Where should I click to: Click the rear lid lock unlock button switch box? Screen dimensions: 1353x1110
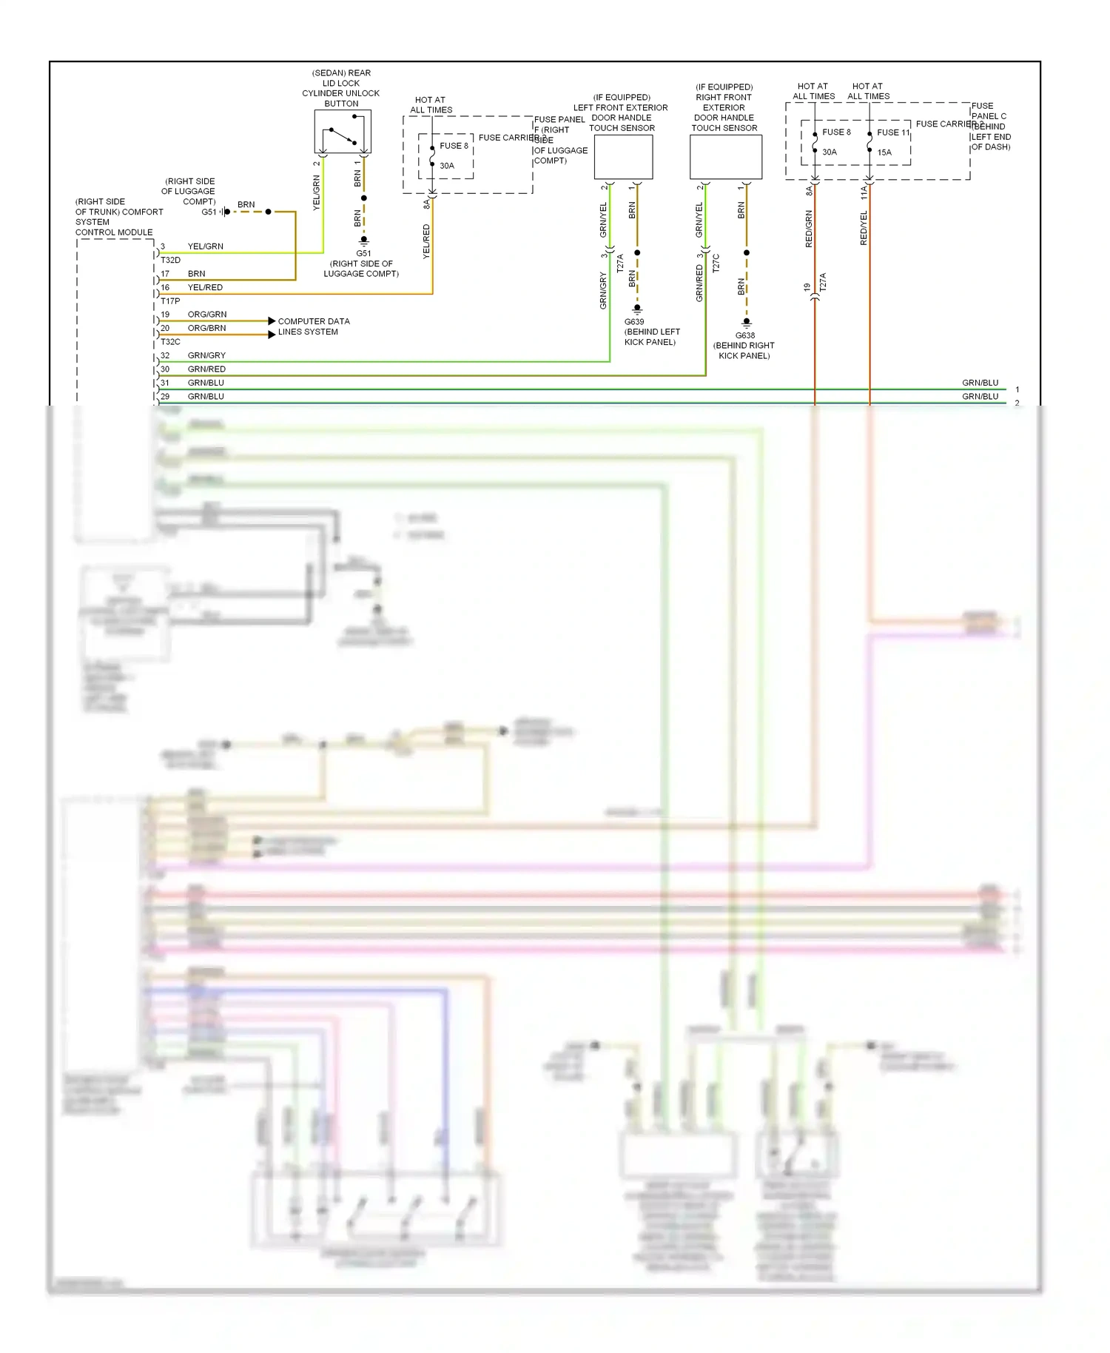coord(342,132)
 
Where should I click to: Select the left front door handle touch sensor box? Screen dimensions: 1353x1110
coord(623,157)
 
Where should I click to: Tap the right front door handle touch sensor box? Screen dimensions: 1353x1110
coord(725,157)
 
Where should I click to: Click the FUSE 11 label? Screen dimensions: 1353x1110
coord(892,132)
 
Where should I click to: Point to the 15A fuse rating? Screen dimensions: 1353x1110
coord(884,152)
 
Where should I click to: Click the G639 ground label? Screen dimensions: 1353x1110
coord(634,322)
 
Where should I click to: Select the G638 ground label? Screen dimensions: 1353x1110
coord(745,335)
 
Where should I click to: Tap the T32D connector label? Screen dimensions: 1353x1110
coord(170,261)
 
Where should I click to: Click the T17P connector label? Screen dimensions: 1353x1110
coord(170,301)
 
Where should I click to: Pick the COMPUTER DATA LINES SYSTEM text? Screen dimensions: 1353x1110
coord(313,326)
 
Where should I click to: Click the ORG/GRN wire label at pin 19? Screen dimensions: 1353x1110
coord(207,315)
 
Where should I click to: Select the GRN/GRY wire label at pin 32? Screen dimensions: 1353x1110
coord(206,355)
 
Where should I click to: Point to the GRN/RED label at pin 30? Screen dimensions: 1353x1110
coord(206,369)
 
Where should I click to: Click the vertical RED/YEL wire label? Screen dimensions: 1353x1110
coord(864,228)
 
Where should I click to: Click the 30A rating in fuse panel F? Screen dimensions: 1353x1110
coord(447,166)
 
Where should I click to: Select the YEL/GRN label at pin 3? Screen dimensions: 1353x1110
coord(205,246)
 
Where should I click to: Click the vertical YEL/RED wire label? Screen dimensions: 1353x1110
coord(426,241)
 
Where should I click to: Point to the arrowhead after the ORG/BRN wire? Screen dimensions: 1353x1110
coord(272,335)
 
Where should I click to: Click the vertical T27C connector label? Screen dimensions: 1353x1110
coord(716,263)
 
